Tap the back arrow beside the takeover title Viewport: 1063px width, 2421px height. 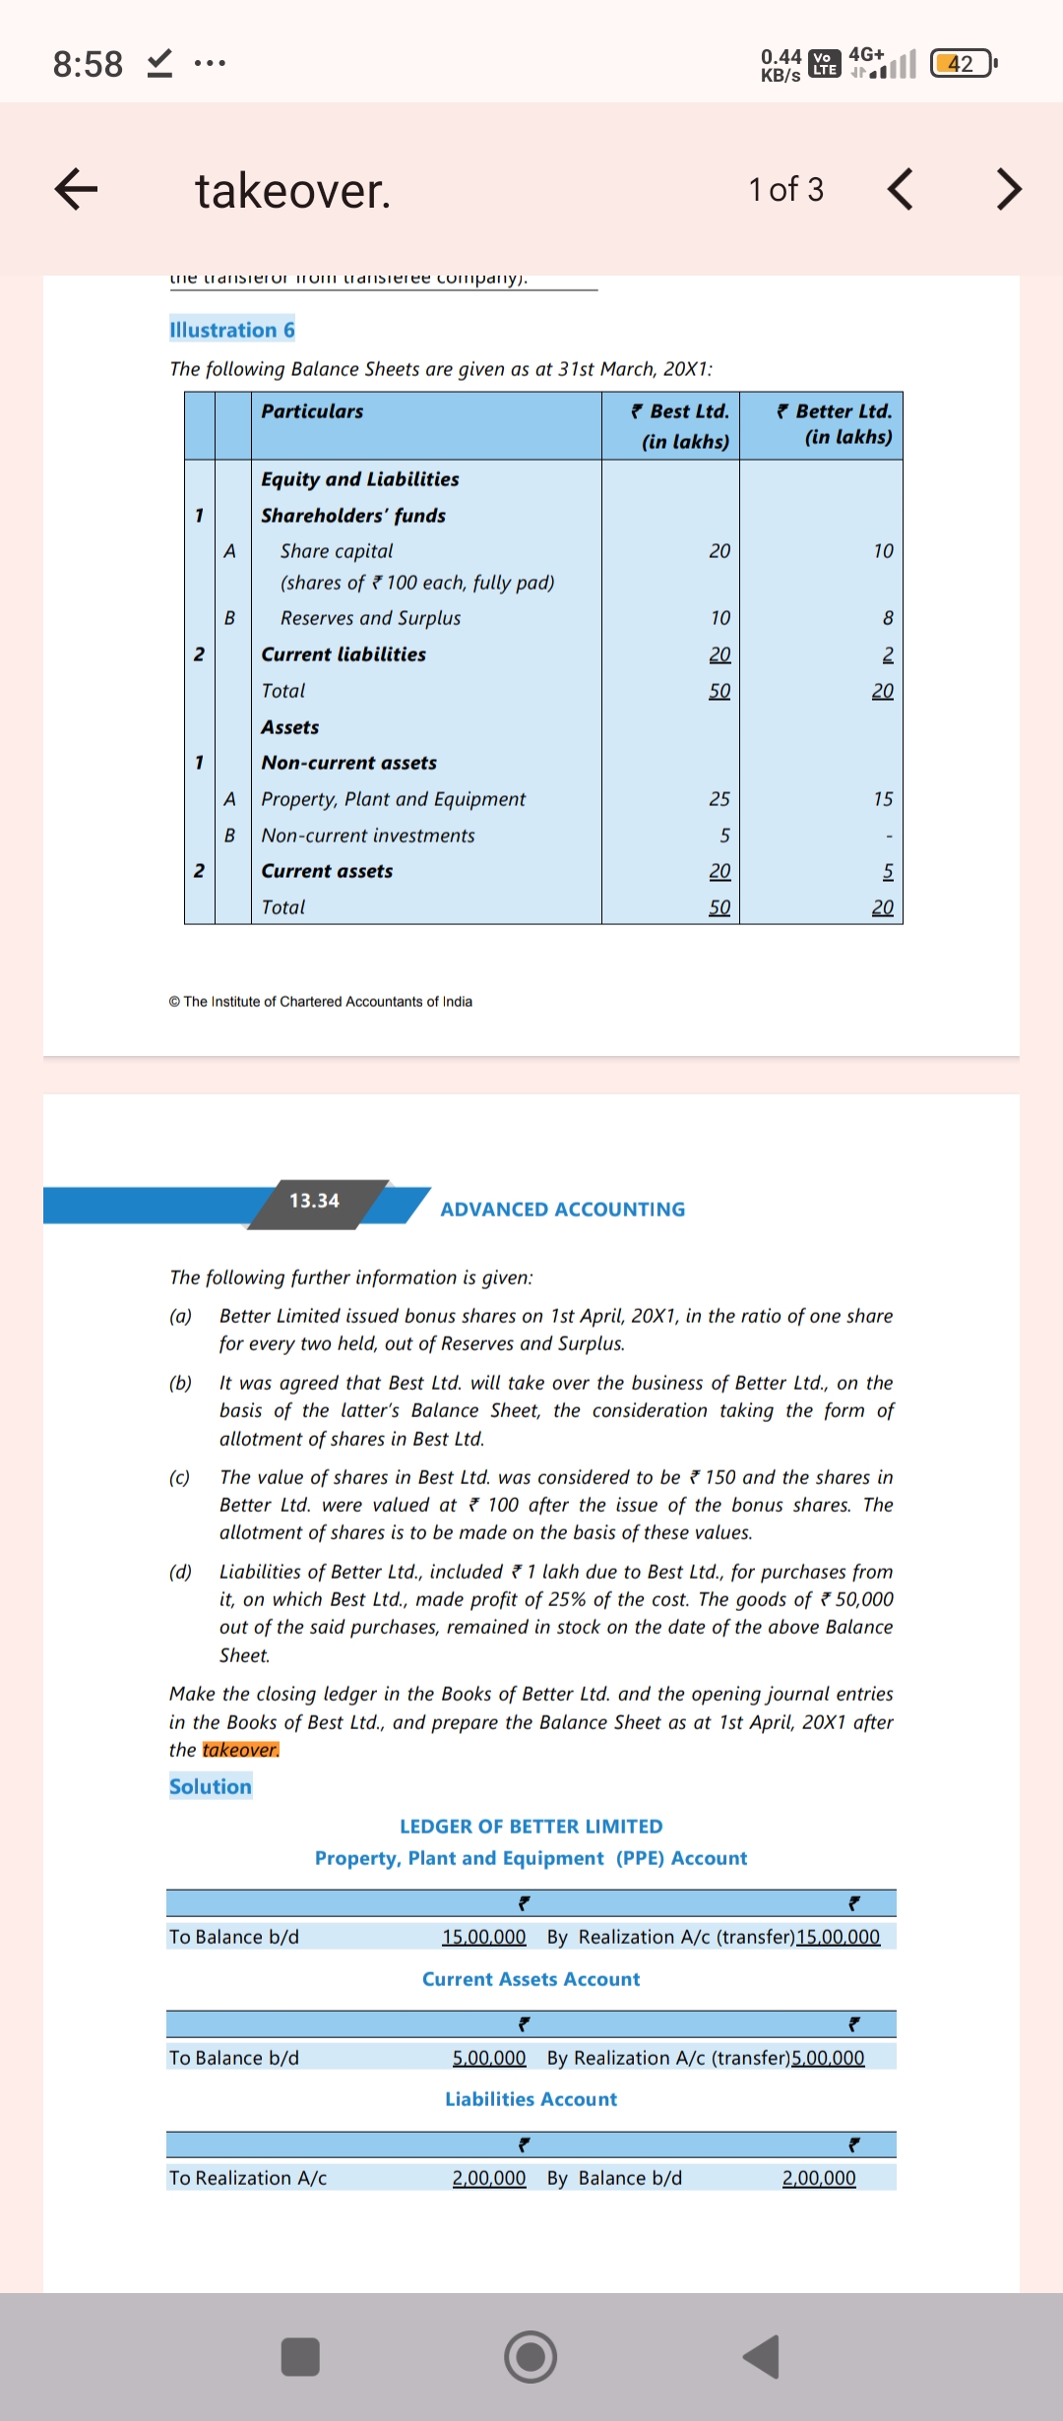[x=76, y=189]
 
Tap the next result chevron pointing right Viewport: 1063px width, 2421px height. [x=1009, y=189]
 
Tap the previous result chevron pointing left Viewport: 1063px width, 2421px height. [x=901, y=189]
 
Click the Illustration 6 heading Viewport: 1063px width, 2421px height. [x=232, y=330]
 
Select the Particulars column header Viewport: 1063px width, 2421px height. [x=312, y=411]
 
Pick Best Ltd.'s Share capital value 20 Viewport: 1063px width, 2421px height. [x=719, y=551]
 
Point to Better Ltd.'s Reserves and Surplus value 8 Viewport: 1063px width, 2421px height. [x=887, y=618]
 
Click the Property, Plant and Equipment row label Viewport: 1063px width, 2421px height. [x=394, y=799]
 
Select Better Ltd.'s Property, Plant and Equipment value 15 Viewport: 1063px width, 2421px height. [x=883, y=799]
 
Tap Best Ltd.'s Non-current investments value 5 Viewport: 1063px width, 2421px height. [x=724, y=836]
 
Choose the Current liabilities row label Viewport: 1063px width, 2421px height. [x=344, y=654]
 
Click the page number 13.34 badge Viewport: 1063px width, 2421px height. [x=315, y=1201]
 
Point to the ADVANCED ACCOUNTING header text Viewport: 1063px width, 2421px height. [x=562, y=1210]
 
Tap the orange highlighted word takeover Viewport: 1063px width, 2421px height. [x=241, y=1750]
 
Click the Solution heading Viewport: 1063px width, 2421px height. [x=211, y=1786]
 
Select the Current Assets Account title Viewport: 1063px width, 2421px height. [x=531, y=1979]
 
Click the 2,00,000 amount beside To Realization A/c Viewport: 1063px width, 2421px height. [x=488, y=2178]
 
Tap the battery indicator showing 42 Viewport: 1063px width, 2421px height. [x=962, y=64]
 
